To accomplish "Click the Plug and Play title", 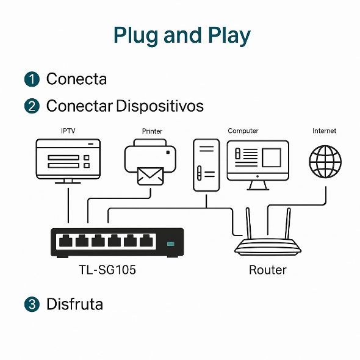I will tap(182, 35).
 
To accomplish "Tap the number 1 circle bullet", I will tap(31, 79).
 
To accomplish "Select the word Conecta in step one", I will tap(76, 79).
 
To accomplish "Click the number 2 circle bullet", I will tap(31, 106).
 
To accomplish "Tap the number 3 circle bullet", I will tap(31, 304).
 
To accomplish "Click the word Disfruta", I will tap(74, 304).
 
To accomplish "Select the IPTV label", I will tap(68, 131).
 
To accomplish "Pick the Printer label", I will tap(152, 131).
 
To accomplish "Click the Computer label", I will tap(243, 131).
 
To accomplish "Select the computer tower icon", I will tap(206, 165).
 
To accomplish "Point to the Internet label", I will tap(324, 131).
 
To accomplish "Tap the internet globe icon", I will tap(325, 161).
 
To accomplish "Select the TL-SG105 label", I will tap(107, 270).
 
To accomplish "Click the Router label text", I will tap(267, 270).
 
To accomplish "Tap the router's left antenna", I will tap(249, 223).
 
